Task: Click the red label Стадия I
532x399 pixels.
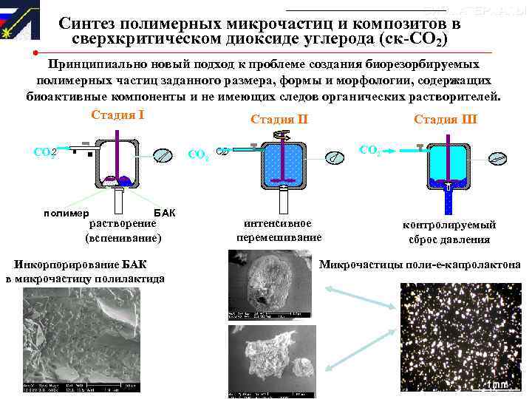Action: [117, 115]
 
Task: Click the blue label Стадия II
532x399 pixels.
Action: [279, 120]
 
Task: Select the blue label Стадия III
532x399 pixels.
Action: [446, 120]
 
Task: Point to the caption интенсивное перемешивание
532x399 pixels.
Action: [279, 230]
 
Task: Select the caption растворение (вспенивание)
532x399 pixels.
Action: [123, 230]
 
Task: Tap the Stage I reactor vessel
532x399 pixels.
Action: [117, 163]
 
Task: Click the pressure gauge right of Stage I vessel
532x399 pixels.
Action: [164, 156]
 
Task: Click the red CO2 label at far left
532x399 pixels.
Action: [45, 152]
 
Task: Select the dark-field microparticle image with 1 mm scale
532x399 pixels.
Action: [459, 337]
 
